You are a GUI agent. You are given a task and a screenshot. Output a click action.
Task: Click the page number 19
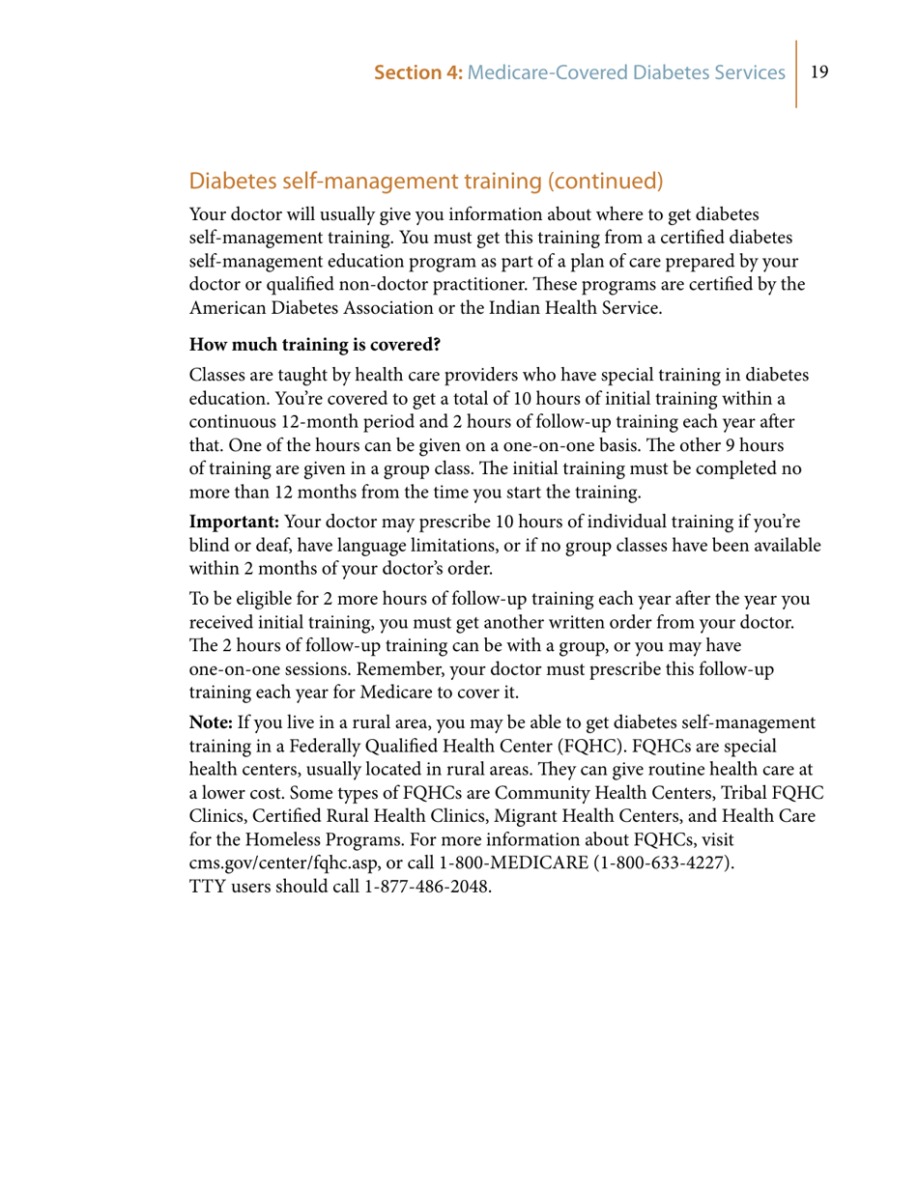[x=819, y=72]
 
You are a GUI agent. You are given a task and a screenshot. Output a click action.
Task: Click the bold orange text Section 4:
[x=417, y=72]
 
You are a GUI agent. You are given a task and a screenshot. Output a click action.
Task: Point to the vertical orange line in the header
[x=797, y=72]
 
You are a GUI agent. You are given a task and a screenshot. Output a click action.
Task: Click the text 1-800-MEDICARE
[x=515, y=864]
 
